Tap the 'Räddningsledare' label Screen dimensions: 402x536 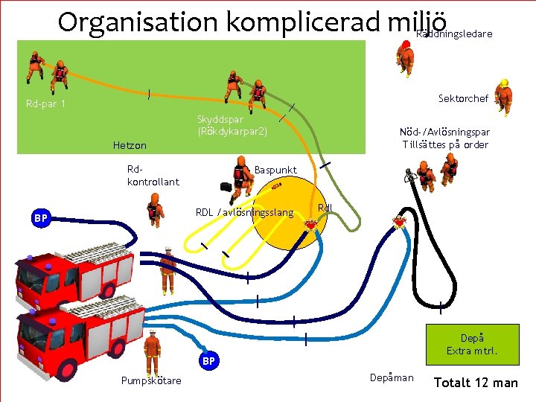pyautogui.click(x=454, y=34)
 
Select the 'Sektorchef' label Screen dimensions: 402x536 pyautogui.click(x=463, y=98)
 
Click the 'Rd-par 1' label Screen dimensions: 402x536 pyautogui.click(x=45, y=103)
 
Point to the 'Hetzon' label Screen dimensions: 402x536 pyautogui.click(x=130, y=145)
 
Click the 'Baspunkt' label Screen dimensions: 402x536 pyautogui.click(x=275, y=170)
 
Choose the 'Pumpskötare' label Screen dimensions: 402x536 pyautogui.click(x=151, y=381)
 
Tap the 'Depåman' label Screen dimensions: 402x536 pyautogui.click(x=391, y=377)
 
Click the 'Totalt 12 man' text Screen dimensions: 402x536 pyautogui.click(x=476, y=383)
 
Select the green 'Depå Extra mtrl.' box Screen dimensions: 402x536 pyautogui.click(x=472, y=344)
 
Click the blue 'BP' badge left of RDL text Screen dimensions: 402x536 pyautogui.click(x=41, y=218)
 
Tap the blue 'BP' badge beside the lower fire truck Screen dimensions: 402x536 pyautogui.click(x=210, y=361)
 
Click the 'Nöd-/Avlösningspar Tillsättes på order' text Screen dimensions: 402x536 pyautogui.click(x=445, y=138)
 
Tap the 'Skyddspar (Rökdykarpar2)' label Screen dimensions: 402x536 pyautogui.click(x=232, y=125)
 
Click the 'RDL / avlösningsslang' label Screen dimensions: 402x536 pyautogui.click(x=244, y=213)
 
